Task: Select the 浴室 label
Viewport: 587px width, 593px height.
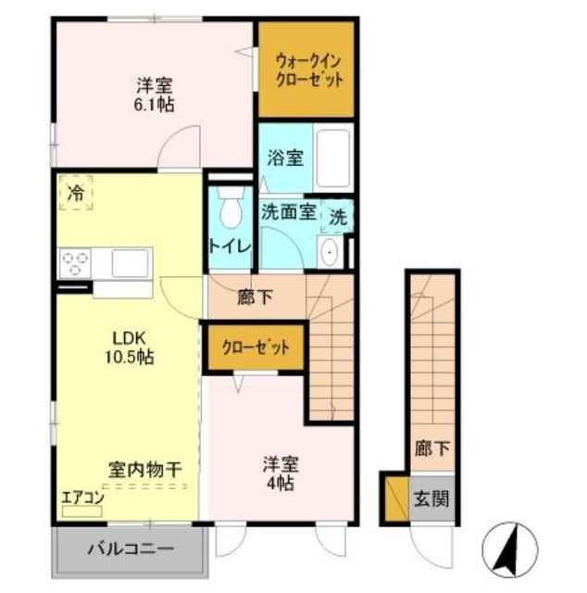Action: click(x=285, y=158)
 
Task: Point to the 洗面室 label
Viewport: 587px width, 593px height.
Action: click(x=291, y=210)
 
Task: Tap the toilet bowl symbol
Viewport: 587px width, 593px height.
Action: click(x=230, y=208)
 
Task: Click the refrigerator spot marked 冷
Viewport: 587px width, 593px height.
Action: click(x=75, y=194)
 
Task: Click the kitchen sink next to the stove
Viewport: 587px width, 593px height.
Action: click(x=131, y=263)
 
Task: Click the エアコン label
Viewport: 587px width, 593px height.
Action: click(x=81, y=498)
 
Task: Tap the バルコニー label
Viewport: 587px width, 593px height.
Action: click(x=130, y=549)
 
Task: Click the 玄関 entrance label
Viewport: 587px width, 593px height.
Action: click(x=431, y=499)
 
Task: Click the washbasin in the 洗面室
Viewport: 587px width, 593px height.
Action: click(x=330, y=251)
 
